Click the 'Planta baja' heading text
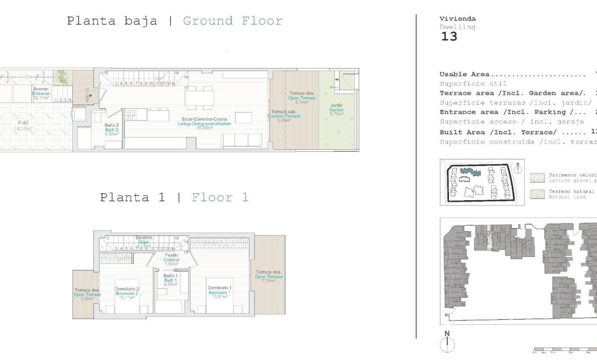(112, 21)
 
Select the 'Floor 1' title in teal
(220, 198)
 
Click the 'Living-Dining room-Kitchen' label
(204, 124)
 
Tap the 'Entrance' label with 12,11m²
(41, 93)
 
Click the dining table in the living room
(200, 98)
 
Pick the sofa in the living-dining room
(241, 140)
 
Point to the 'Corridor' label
(171, 260)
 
